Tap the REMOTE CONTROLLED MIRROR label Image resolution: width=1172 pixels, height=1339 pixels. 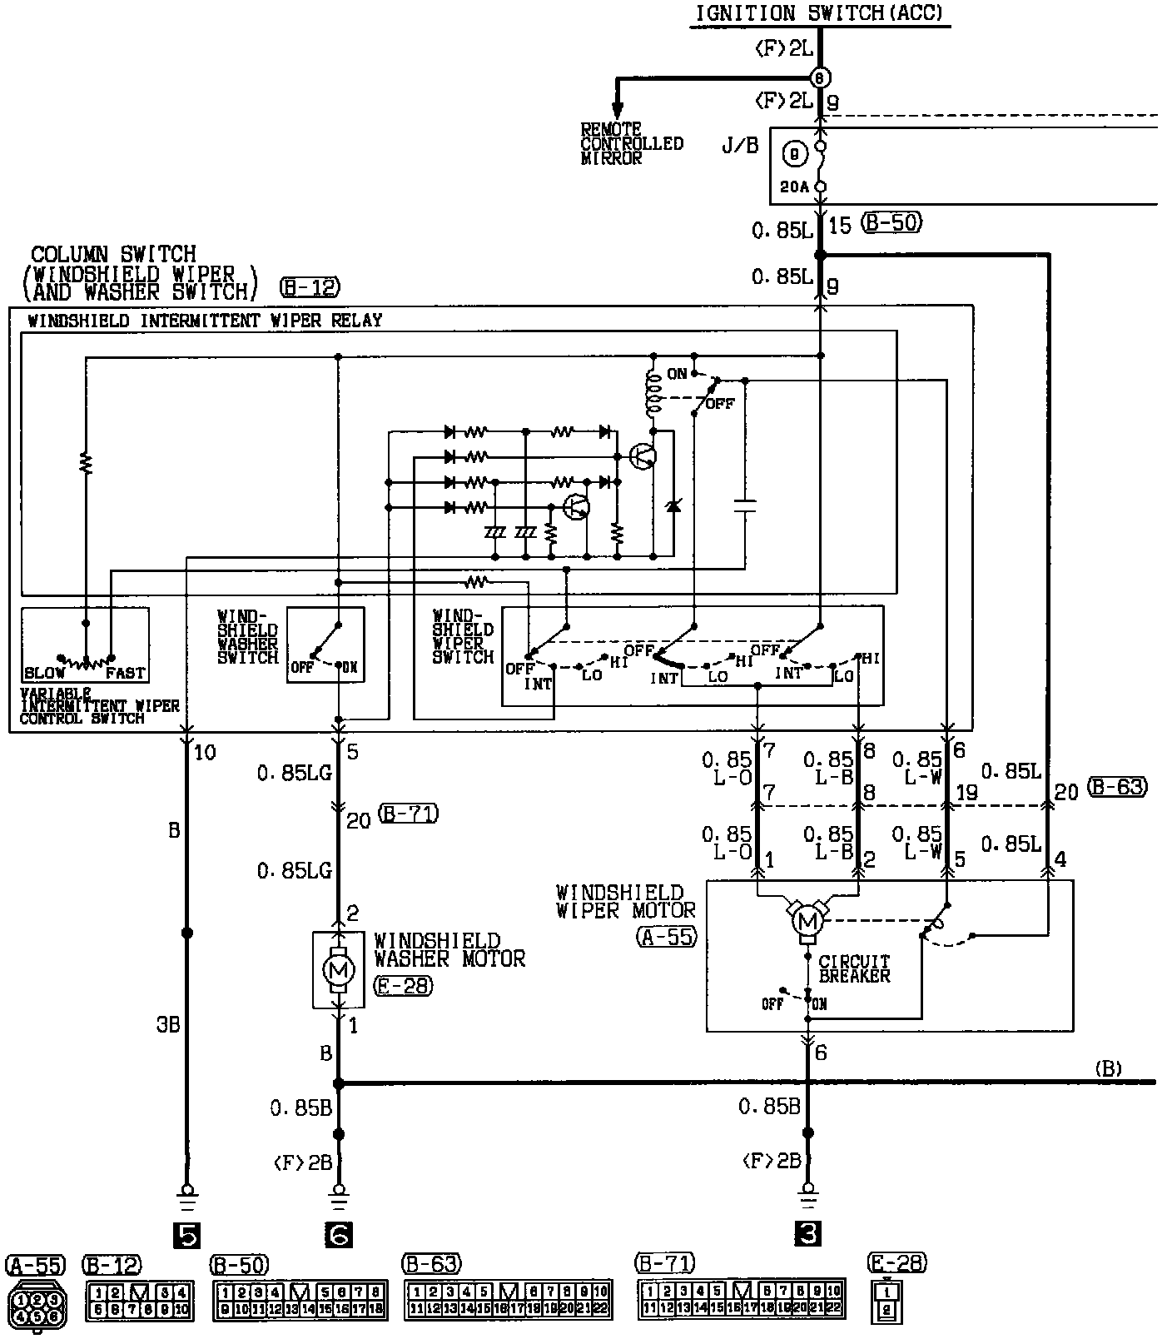tap(631, 143)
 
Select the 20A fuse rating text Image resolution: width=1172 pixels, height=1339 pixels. tap(795, 187)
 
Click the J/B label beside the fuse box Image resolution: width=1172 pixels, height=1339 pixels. tap(741, 146)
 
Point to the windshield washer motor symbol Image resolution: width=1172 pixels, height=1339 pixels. tap(337, 969)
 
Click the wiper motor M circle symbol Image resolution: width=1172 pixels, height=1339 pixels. tap(806, 921)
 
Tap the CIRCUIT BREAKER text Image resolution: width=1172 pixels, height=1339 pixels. tap(854, 968)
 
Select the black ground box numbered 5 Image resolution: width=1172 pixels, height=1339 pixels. tap(186, 1237)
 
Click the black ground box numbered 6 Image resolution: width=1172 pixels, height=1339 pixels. tap(338, 1237)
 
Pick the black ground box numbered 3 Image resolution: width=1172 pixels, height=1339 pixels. tap(807, 1237)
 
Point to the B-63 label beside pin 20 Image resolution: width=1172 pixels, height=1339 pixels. tap(1117, 786)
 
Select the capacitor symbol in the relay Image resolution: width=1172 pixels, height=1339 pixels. tap(745, 505)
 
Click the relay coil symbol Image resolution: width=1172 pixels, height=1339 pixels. tap(653, 393)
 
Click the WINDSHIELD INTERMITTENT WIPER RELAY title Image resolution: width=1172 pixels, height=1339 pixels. tap(205, 321)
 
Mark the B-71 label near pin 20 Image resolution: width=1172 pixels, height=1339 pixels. tap(408, 814)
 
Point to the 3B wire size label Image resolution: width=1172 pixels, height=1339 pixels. tap(168, 1024)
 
